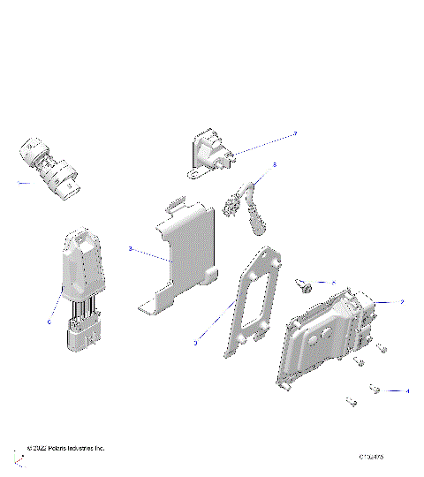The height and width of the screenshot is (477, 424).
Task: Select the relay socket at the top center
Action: (x=213, y=150)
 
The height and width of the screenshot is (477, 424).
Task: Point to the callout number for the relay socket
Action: (x=295, y=134)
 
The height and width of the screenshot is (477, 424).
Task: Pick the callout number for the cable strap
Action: (x=274, y=165)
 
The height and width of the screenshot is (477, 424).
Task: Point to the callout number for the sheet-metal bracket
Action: (x=130, y=251)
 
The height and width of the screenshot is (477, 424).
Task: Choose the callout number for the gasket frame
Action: (x=195, y=340)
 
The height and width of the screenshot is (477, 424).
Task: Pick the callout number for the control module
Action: (x=402, y=302)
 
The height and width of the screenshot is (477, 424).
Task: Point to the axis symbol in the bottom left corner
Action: (x=18, y=458)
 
